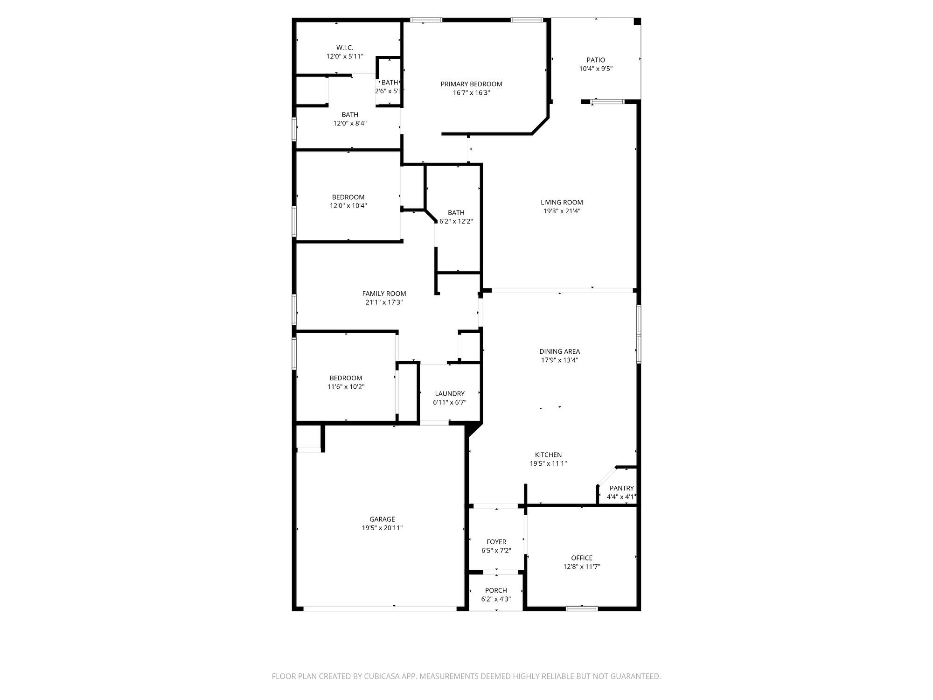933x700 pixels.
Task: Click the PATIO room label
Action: tap(596, 60)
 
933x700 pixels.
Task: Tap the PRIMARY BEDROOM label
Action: tap(471, 84)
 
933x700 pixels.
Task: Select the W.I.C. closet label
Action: tap(345, 48)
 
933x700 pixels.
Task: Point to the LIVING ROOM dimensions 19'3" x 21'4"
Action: tap(562, 211)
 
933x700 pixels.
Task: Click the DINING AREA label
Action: tap(559, 351)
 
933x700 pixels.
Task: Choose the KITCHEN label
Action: tap(548, 455)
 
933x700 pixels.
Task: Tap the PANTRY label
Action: tap(621, 488)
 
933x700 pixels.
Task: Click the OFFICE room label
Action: tap(582, 558)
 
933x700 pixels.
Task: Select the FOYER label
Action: tap(496, 542)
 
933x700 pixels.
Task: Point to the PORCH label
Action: tap(496, 590)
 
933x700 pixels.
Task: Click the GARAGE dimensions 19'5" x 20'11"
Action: tap(382, 528)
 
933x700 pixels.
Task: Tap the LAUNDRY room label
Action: tap(450, 393)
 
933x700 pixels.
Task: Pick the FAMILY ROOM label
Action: tap(384, 294)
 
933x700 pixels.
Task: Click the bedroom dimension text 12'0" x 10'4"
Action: tap(348, 205)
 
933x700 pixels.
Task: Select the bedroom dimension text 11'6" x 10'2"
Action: tap(346, 386)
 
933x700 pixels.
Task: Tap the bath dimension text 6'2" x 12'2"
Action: tap(456, 221)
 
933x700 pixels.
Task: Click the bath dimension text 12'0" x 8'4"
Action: tap(350, 123)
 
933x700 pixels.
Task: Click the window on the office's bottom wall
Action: tap(582, 608)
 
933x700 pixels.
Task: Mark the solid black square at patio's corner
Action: tap(637, 21)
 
